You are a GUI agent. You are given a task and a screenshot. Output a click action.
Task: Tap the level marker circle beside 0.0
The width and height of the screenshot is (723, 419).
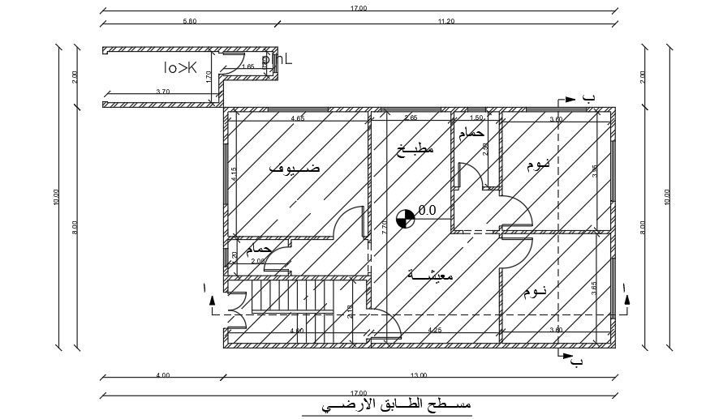405,216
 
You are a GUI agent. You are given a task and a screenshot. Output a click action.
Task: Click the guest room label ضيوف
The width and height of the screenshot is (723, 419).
293,168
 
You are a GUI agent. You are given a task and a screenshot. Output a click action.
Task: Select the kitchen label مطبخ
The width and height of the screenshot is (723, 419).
415,148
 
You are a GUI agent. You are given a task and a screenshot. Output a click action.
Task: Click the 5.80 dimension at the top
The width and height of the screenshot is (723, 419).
190,20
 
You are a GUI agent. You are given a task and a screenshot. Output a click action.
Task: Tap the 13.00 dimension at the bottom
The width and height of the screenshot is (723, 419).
419,375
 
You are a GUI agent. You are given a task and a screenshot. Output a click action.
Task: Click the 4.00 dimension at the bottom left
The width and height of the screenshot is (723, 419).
163,375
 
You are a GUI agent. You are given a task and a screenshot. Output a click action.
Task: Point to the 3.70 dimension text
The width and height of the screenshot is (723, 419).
162,92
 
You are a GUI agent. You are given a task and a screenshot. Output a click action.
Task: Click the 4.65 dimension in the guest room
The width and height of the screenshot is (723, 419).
298,119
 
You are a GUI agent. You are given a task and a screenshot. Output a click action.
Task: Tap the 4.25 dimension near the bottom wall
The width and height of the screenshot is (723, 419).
434,330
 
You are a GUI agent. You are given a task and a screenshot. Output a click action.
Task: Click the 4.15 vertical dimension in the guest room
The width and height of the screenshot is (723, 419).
233,174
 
